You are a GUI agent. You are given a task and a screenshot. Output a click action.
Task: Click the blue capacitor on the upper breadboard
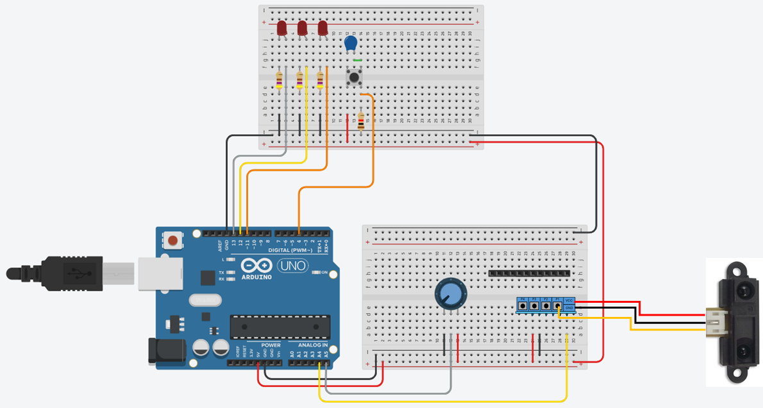[x=350, y=44]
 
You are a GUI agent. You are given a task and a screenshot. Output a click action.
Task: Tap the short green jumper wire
[x=357, y=61]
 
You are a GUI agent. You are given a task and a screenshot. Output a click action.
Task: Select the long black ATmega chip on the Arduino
[x=280, y=326]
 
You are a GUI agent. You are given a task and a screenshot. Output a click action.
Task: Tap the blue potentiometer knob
[x=449, y=293]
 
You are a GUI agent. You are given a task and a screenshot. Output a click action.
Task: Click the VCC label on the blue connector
[x=569, y=300]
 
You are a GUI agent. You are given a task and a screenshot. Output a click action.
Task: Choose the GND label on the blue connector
[x=569, y=307]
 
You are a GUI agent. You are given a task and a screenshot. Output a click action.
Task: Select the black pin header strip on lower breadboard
[x=529, y=273]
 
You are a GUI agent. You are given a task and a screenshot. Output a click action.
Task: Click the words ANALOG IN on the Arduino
[x=312, y=345]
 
